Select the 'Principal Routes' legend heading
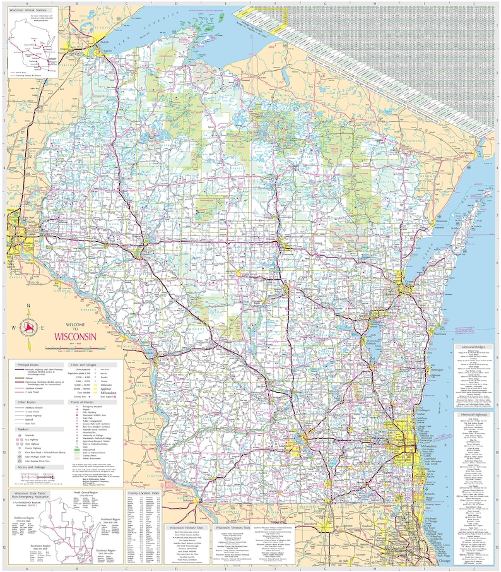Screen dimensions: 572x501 [28, 366]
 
